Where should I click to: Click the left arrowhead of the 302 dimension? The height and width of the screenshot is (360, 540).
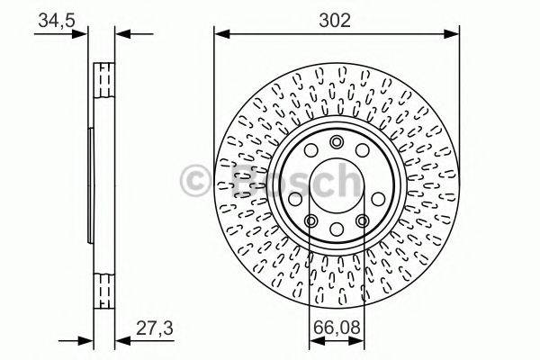[x=220, y=35]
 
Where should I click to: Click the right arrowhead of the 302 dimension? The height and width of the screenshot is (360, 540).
[x=454, y=35]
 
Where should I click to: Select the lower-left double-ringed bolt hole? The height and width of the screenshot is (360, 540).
[x=310, y=221]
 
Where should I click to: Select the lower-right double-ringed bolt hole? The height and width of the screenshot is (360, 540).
[x=363, y=221]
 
